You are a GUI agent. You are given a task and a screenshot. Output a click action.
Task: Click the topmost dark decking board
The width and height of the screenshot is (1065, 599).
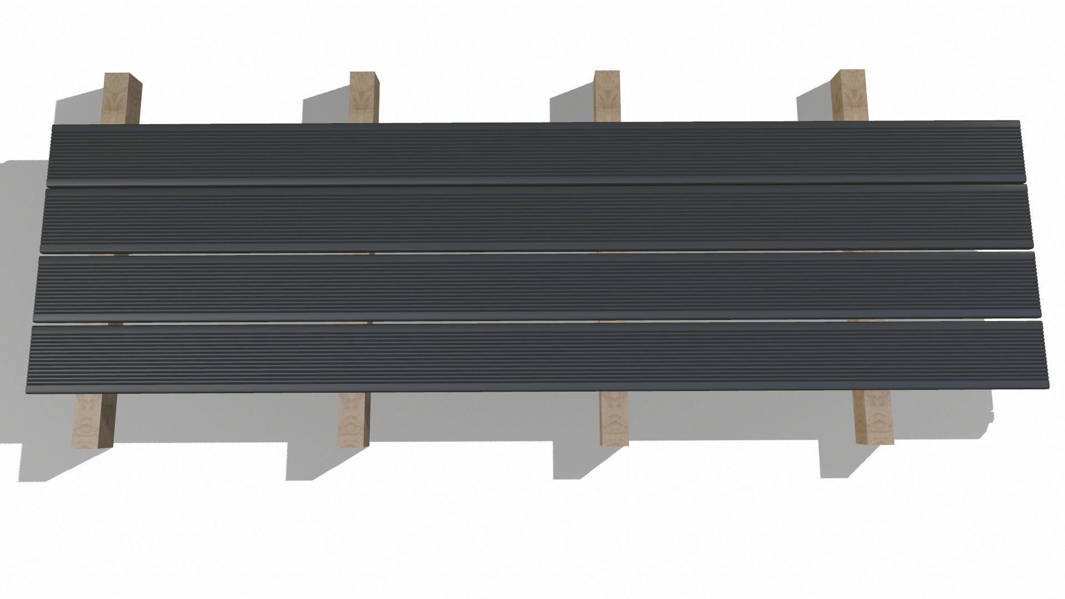pyautogui.click(x=532, y=154)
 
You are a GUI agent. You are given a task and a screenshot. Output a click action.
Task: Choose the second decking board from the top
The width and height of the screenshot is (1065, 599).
pyautogui.click(x=532, y=219)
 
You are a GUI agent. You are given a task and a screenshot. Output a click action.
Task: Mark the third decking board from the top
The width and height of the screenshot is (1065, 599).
pyautogui.click(x=532, y=286)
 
